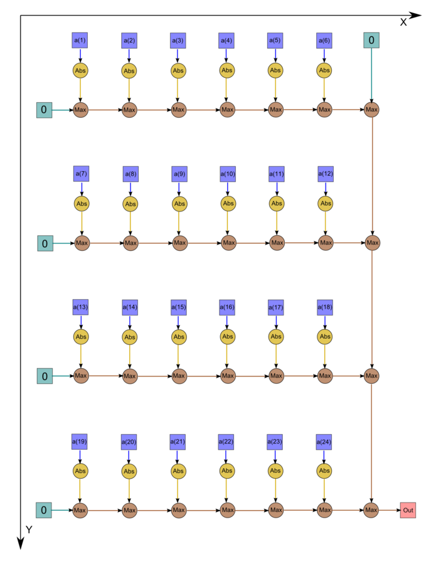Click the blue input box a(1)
click(80, 40)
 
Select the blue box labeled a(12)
click(326, 174)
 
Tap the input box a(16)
click(227, 307)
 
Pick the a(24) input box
click(324, 442)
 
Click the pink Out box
click(408, 510)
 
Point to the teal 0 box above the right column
click(371, 40)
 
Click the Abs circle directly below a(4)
click(226, 70)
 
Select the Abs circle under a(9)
click(179, 204)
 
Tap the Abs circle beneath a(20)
click(129, 471)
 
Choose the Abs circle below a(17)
click(276, 337)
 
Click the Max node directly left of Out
click(371, 510)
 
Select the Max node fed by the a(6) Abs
click(324, 110)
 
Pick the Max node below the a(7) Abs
click(82, 243)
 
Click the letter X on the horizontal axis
click(403, 23)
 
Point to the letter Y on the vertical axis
click(29, 529)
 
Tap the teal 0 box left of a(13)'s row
click(45, 376)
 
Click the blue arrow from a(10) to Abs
click(227, 189)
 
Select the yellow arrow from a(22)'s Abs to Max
click(226, 491)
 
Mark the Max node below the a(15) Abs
click(179, 376)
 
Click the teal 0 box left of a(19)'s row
click(43, 510)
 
